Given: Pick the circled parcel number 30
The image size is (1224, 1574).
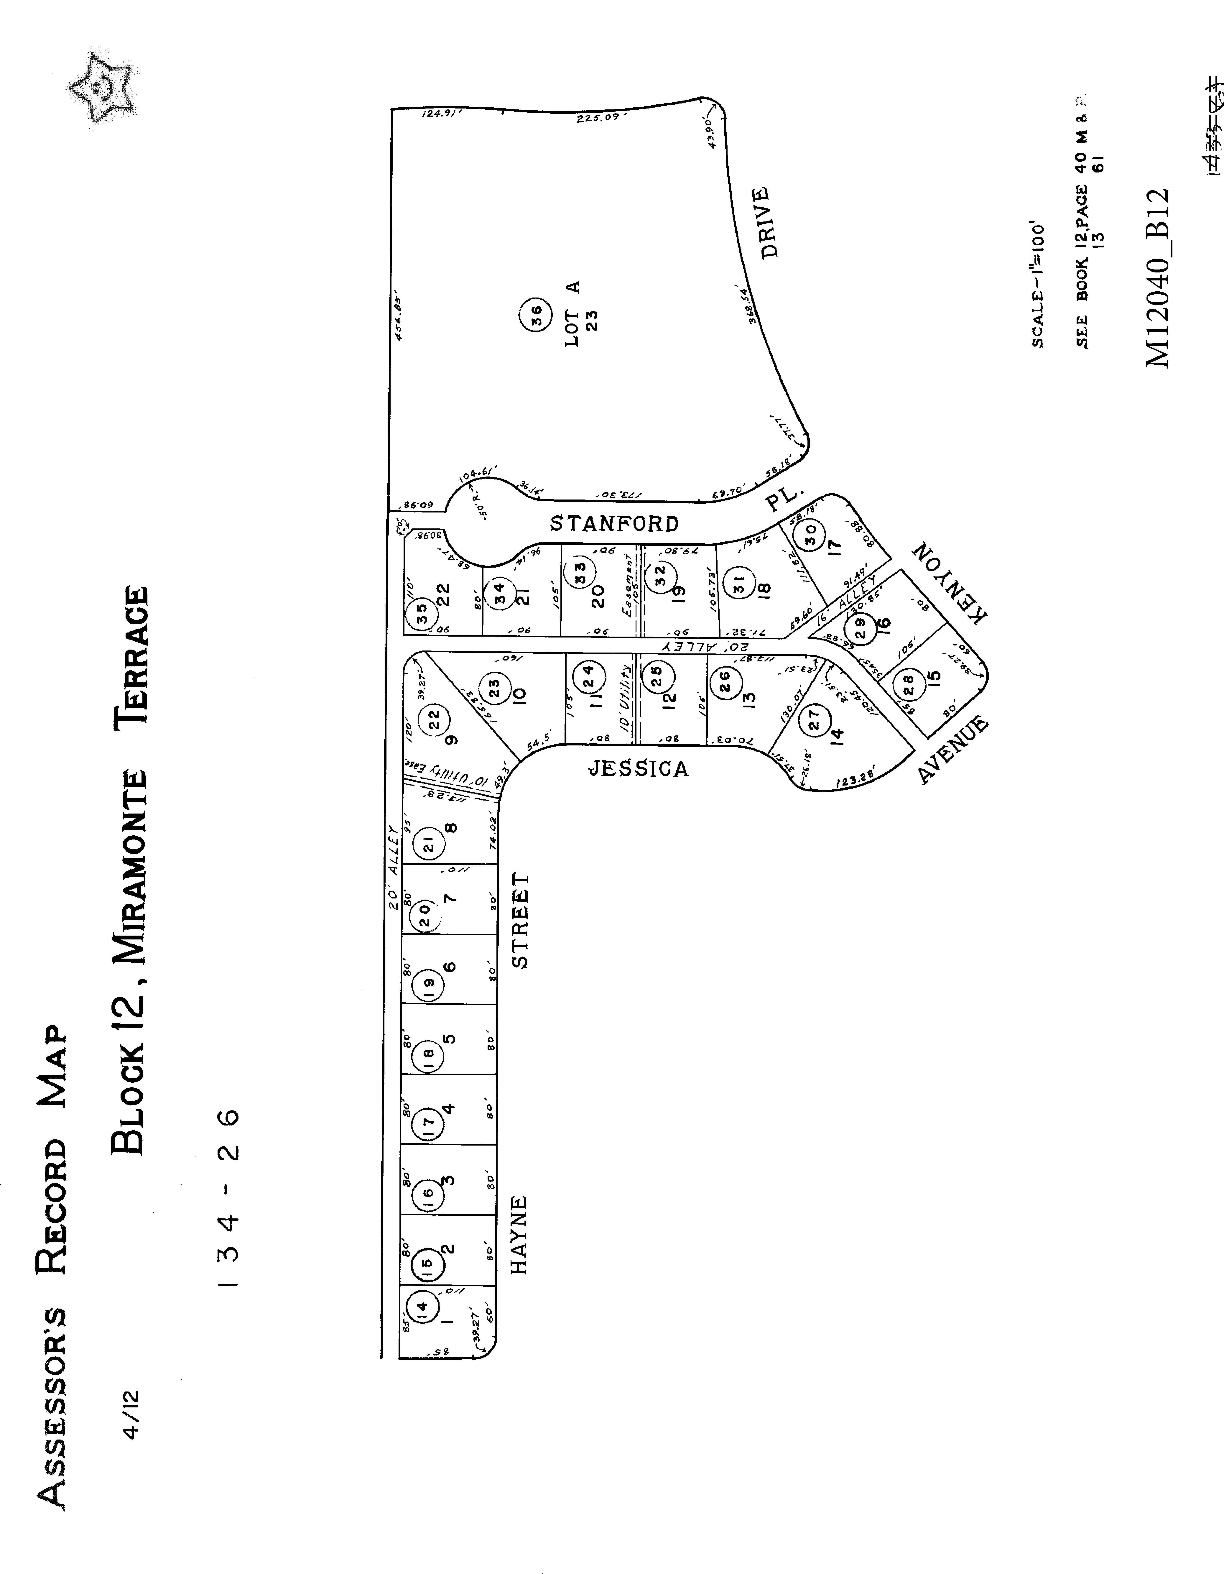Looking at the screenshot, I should (810, 533).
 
